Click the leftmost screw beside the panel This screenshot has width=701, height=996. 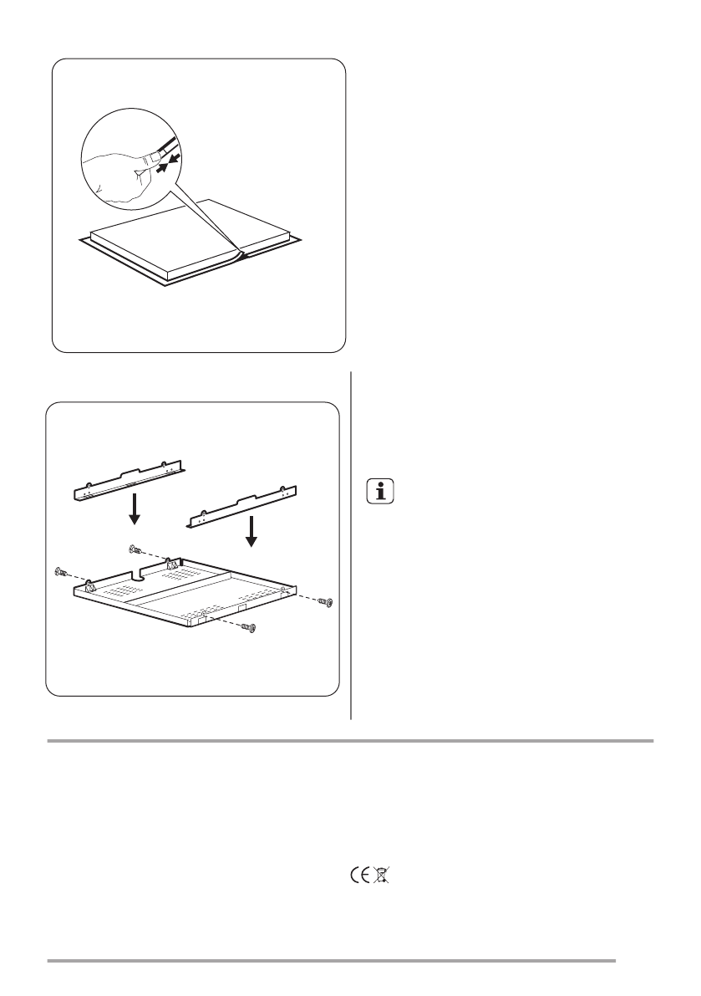60,572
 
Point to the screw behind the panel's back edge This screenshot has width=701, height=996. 135,549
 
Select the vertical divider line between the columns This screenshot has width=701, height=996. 352,544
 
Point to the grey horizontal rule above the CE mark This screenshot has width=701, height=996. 350,740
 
